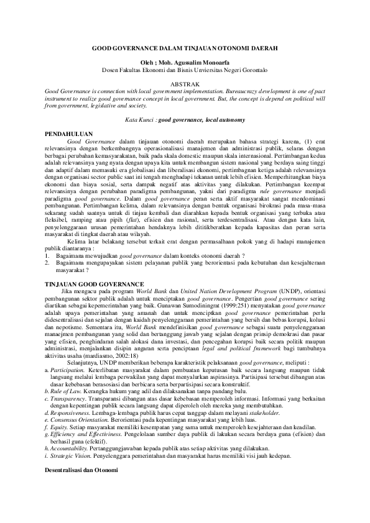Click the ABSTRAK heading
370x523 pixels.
click(185, 84)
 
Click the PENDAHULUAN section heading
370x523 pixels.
click(70, 133)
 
